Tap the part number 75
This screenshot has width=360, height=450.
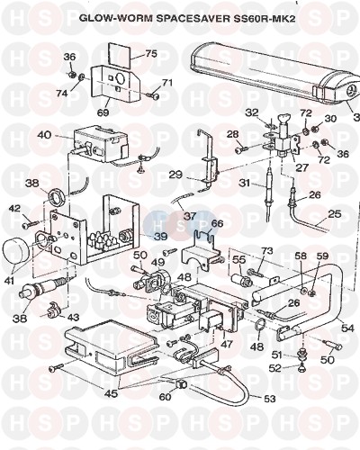tap(151, 54)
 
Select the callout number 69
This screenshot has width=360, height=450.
tap(103, 112)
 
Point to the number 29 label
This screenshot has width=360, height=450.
tap(175, 175)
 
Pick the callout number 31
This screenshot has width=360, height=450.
tap(245, 183)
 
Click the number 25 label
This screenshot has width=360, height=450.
tap(335, 214)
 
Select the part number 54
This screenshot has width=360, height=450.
tap(348, 328)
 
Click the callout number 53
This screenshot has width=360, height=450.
tap(269, 399)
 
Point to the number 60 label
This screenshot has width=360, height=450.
tap(165, 397)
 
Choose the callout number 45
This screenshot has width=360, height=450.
tap(111, 393)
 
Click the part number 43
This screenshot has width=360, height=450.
tap(73, 317)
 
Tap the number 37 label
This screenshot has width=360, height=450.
tap(190, 216)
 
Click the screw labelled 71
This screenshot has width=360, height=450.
tap(153, 95)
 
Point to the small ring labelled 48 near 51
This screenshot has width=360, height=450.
tap(260, 326)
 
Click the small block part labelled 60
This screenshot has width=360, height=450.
tap(180, 383)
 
